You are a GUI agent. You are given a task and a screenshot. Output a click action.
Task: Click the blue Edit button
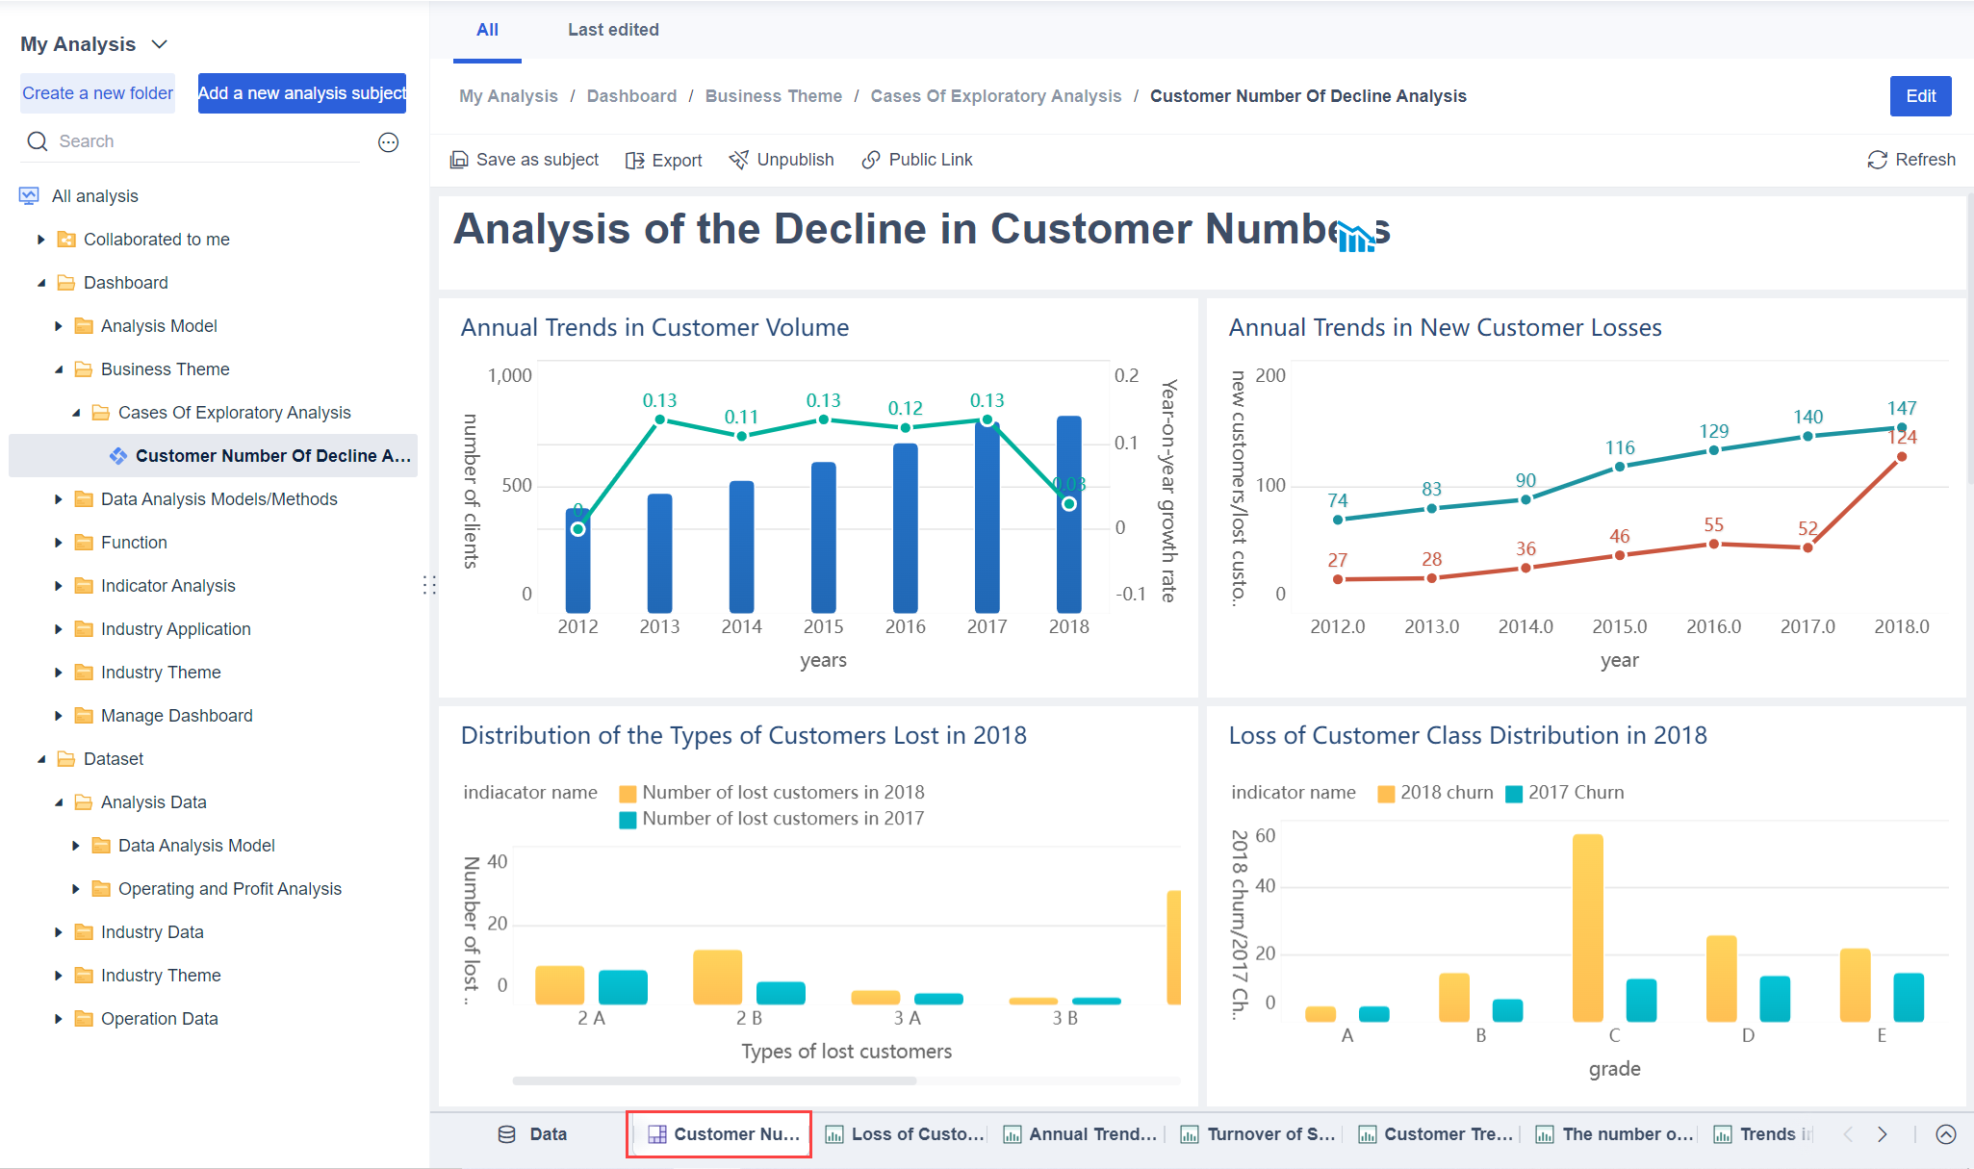tap(1919, 96)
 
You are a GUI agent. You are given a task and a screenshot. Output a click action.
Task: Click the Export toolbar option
tap(664, 160)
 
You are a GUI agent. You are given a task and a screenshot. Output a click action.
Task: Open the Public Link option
tap(917, 160)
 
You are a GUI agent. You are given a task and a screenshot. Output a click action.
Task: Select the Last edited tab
tap(613, 30)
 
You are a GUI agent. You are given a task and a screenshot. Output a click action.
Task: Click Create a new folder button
tap(98, 93)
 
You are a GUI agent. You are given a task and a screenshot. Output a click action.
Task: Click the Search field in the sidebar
tap(192, 141)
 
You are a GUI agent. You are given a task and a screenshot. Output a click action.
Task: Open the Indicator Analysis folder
tap(167, 586)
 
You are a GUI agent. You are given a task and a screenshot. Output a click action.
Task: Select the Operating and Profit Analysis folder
tap(229, 889)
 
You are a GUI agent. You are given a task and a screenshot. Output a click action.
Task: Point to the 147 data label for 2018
tap(1901, 408)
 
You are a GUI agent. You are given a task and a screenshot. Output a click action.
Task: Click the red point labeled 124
tap(1901, 457)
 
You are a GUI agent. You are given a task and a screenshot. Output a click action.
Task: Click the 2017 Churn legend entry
tap(1565, 793)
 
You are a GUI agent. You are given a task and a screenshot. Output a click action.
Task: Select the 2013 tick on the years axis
tap(659, 626)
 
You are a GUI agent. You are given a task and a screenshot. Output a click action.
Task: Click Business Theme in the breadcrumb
tap(773, 96)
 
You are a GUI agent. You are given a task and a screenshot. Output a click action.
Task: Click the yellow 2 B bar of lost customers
tap(717, 977)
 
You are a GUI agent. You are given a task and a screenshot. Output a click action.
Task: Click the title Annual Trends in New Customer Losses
tap(1445, 328)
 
